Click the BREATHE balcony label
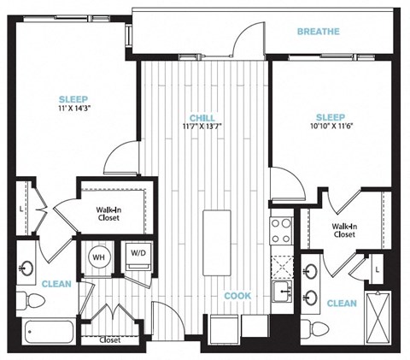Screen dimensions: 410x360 [319, 32]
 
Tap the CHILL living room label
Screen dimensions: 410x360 [202, 118]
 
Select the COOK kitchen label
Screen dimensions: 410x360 [237, 296]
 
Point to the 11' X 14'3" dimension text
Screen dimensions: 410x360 [73, 108]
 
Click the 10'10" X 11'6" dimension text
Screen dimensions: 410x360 [331, 126]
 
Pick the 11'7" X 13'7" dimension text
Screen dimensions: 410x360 [202, 126]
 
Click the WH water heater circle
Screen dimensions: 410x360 [99, 257]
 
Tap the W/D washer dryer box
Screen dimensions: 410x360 [138, 258]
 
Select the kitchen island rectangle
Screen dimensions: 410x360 [217, 243]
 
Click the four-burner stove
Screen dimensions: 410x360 [281, 231]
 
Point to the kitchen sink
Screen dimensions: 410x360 [282, 292]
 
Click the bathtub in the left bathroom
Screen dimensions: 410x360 [49, 332]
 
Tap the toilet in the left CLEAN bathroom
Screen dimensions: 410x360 [31, 301]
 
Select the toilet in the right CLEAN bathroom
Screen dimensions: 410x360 [315, 329]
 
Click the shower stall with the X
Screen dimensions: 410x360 [378, 318]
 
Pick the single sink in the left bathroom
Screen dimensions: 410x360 [26, 268]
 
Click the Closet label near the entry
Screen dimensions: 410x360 [110, 340]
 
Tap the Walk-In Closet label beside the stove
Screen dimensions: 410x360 [344, 231]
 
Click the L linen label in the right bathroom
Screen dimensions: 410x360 [378, 269]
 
